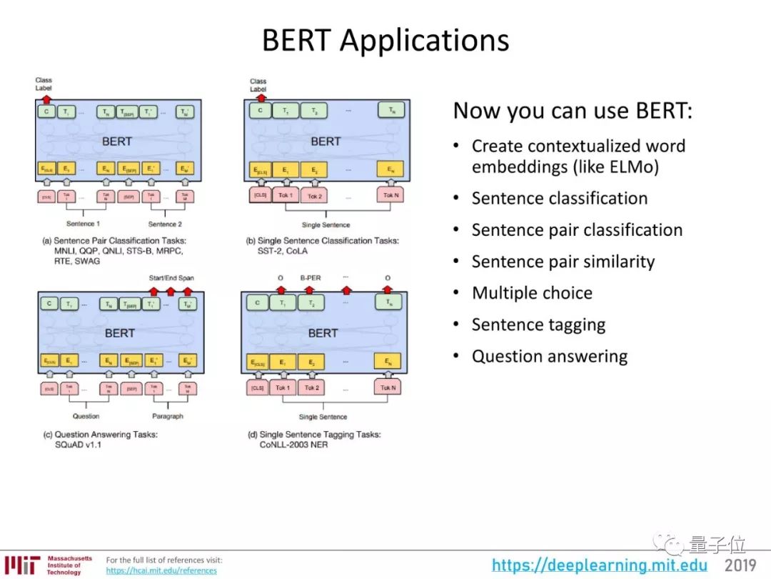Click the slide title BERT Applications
coord(385,40)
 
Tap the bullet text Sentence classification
coord(559,199)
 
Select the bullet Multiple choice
coord(532,293)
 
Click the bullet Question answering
coord(549,356)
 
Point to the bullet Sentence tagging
coord(538,325)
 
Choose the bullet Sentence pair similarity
coord(563,262)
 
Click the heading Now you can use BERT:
coord(573,111)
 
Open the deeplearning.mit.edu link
coord(600,565)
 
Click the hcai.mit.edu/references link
coord(161,570)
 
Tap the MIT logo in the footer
coord(21,565)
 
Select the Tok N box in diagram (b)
coord(390,195)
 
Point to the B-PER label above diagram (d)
coord(310,279)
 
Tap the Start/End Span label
coord(171,278)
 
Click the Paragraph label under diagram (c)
coord(168,416)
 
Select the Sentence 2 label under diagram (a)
coord(165,224)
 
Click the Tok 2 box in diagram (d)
coord(312,388)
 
